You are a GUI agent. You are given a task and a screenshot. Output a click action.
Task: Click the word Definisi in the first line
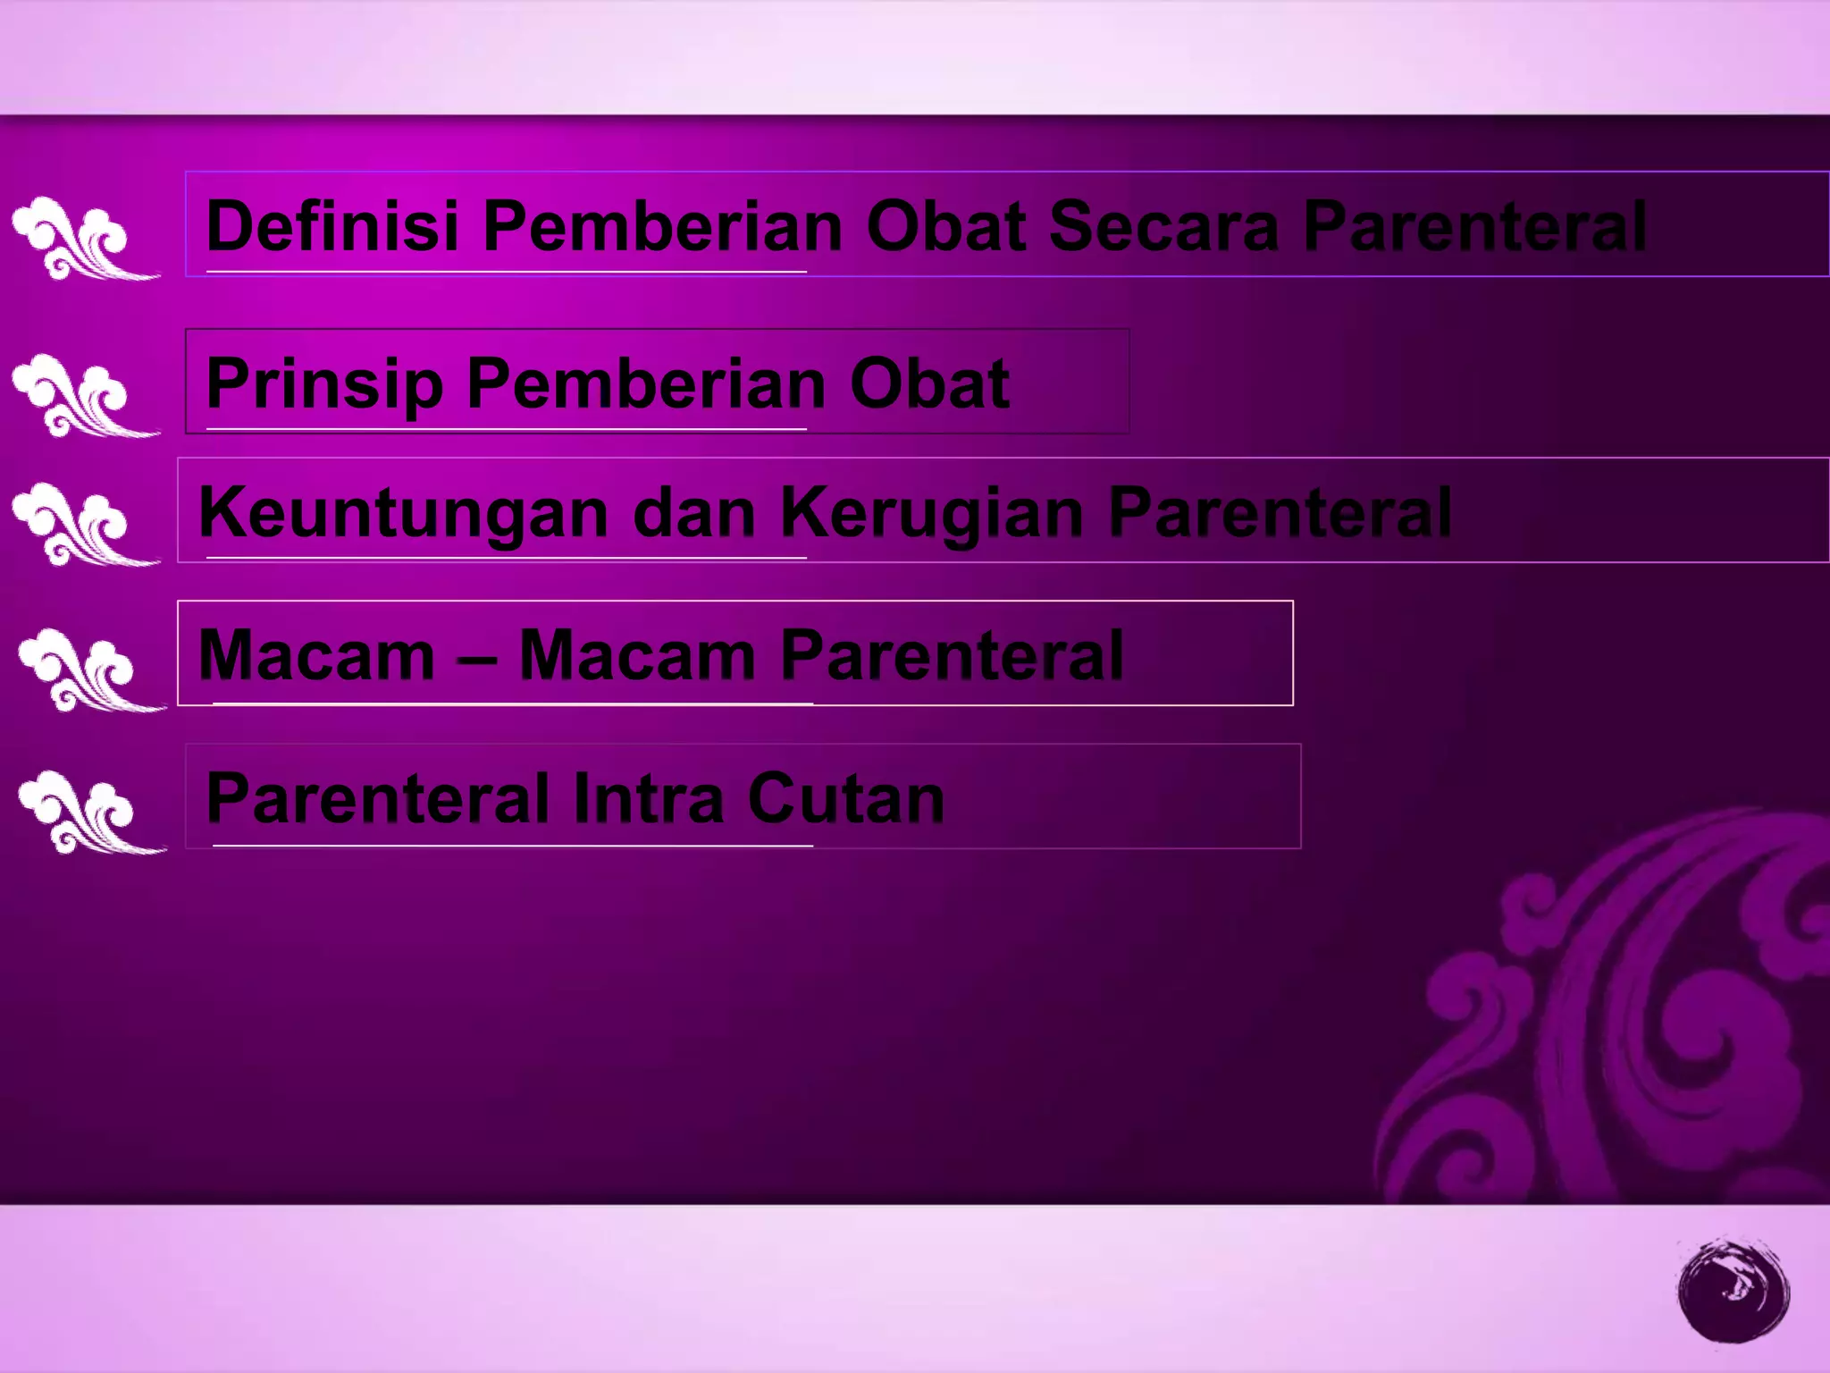[x=332, y=226]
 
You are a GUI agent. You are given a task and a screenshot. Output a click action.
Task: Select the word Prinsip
[x=324, y=384]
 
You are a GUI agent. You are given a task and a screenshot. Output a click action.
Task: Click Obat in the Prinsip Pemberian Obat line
[x=929, y=384]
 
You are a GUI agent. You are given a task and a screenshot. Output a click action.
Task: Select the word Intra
[x=648, y=798]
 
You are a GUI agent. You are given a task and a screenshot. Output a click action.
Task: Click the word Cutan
[x=845, y=798]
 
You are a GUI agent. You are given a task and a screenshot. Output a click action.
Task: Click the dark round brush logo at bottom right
[x=1733, y=1290]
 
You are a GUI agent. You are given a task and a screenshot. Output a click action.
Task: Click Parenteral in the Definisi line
[x=1474, y=226]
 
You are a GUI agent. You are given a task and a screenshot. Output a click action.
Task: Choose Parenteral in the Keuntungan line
[x=1280, y=513]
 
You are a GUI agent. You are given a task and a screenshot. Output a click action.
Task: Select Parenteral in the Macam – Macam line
[x=952, y=656]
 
